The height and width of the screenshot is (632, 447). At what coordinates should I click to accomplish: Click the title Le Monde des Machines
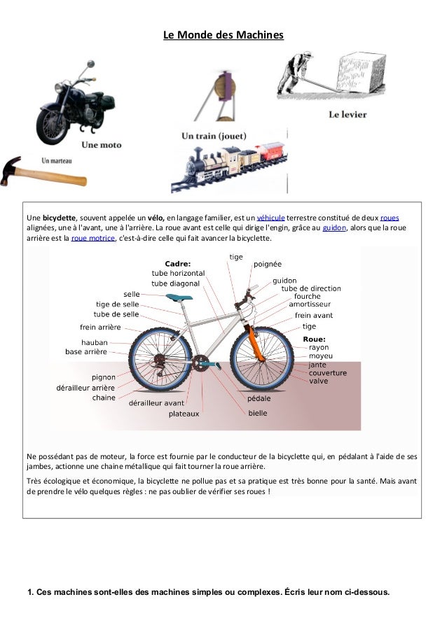pos(223,34)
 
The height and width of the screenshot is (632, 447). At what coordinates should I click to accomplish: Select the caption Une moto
pos(101,146)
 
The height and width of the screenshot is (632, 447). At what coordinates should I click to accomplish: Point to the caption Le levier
pos(347,114)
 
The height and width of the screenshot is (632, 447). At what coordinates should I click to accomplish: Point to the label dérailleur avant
pos(156,403)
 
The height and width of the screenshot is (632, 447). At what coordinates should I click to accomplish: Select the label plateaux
pos(184,414)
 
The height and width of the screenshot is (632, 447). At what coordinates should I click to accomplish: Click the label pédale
pos(259,399)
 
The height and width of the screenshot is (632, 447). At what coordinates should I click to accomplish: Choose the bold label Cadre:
pos(177,263)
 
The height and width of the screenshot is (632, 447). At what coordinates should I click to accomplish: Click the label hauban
pos(95,342)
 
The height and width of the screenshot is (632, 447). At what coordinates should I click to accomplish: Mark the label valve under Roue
pos(319,381)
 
